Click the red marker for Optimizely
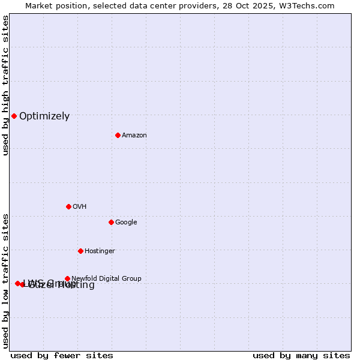tap(14, 116)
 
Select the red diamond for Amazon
tap(118, 135)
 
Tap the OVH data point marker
tap(68, 206)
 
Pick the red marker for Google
tap(111, 222)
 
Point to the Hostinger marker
tap(80, 251)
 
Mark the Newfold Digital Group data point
tap(67, 278)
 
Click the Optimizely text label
tap(44, 116)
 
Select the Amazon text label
tap(134, 136)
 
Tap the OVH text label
tap(80, 207)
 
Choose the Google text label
tap(126, 223)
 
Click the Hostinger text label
tap(100, 251)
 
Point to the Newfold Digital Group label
tap(106, 279)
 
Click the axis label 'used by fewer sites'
tap(62, 355)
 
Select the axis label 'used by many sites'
tap(301, 355)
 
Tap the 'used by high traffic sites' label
tap(5, 86)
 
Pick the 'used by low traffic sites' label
tap(5, 280)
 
